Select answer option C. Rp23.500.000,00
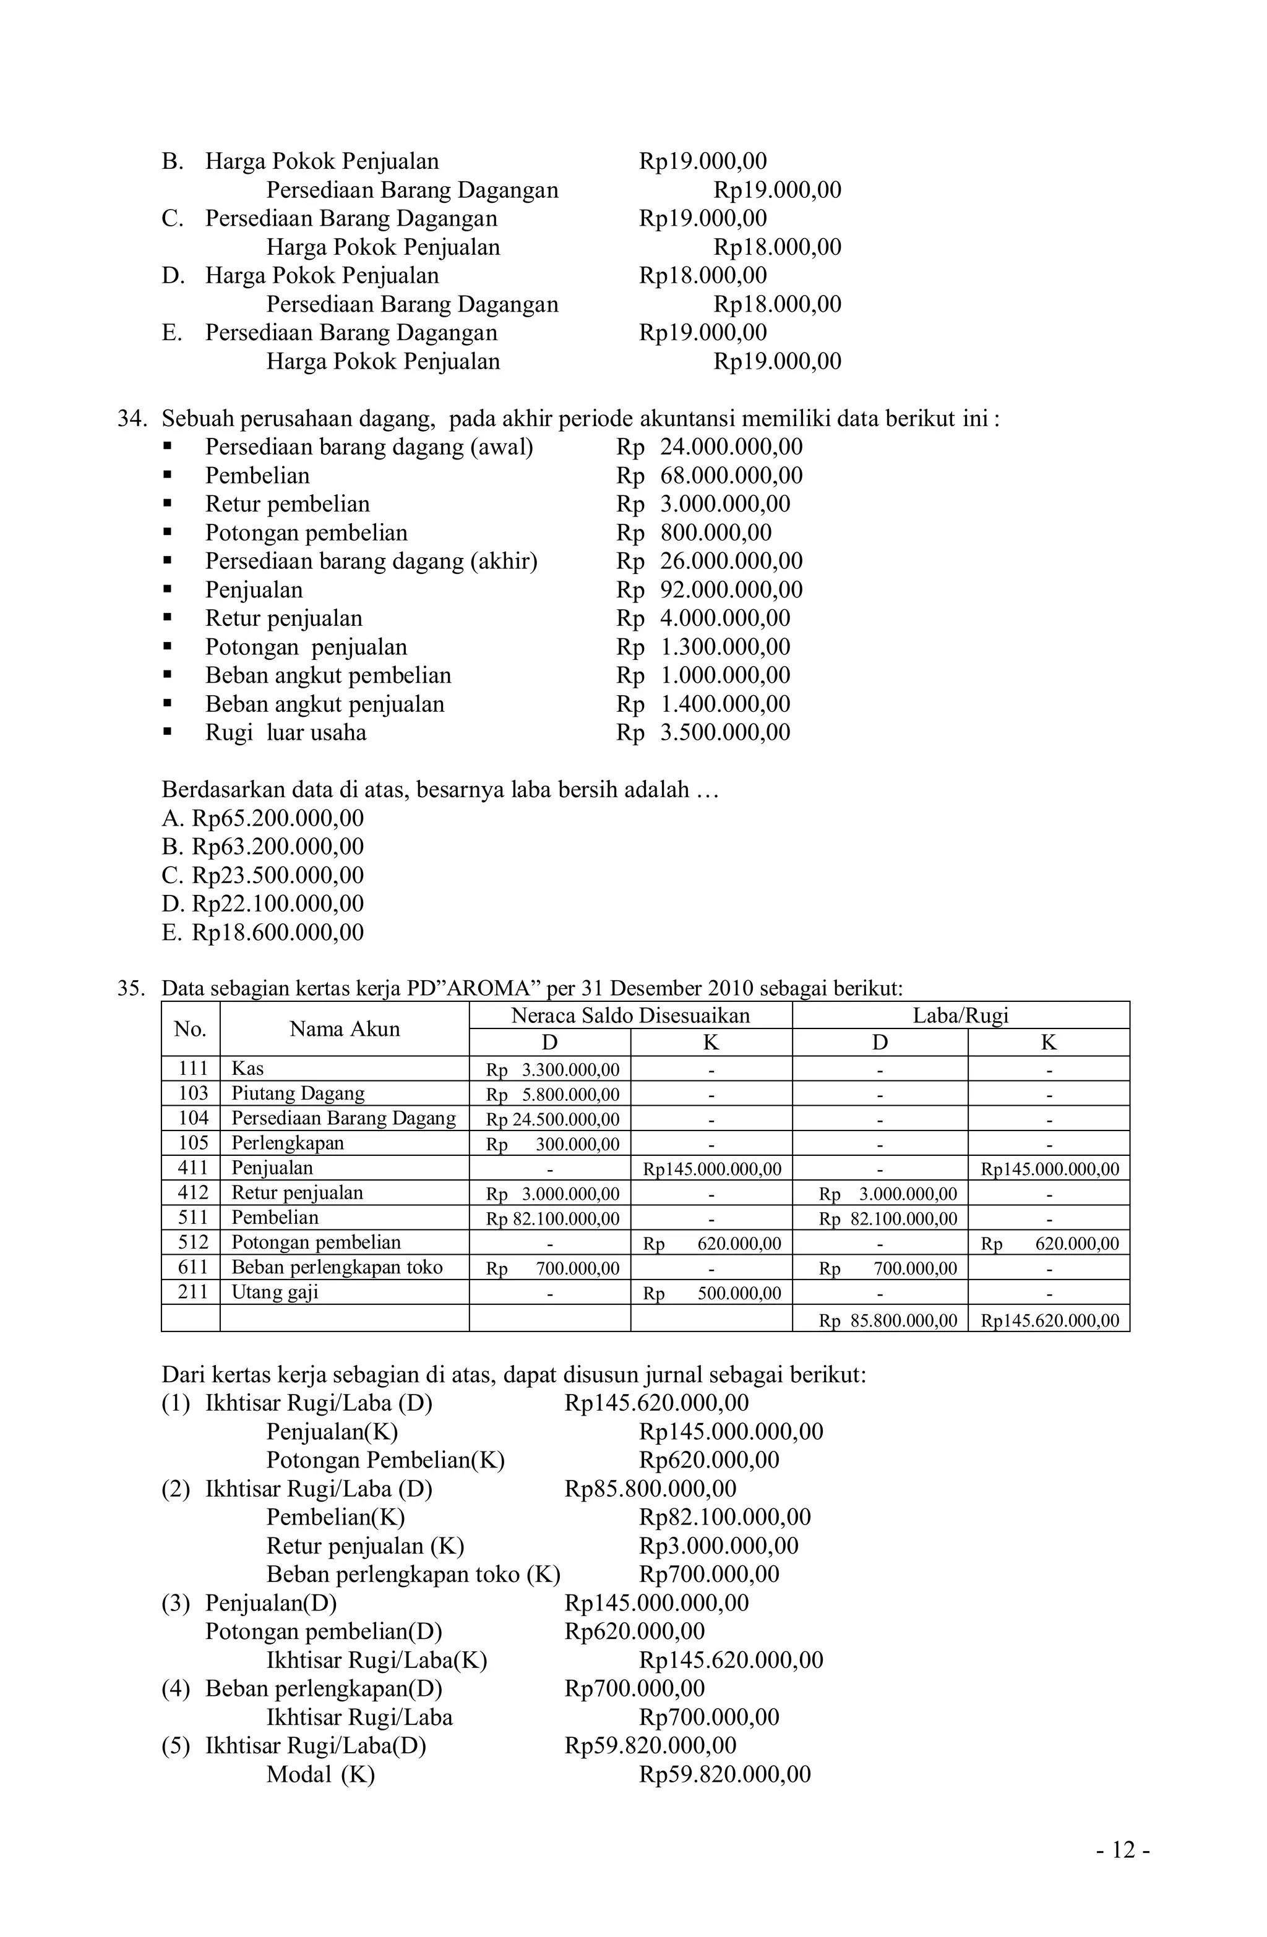click(x=262, y=875)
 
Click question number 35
click(x=131, y=988)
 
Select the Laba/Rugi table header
click(x=960, y=1015)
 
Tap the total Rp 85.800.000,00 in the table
click(x=888, y=1320)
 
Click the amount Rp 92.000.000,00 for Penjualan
click(x=709, y=589)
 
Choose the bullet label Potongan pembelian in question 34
click(x=306, y=532)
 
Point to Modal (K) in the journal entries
click(x=320, y=1774)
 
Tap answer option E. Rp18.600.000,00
click(x=262, y=932)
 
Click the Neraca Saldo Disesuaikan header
click(x=630, y=1015)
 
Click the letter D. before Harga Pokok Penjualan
click(x=173, y=275)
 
